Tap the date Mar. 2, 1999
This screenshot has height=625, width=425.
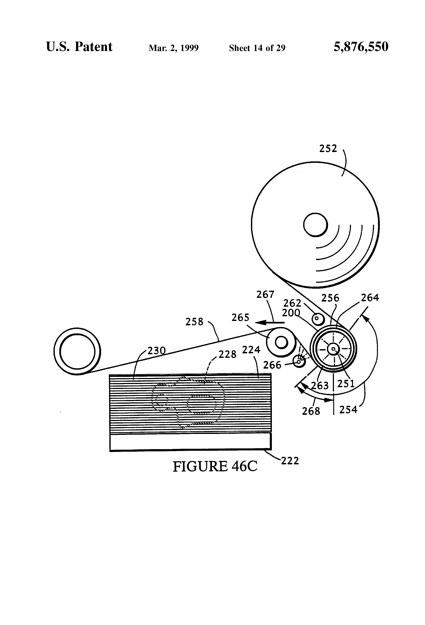click(x=173, y=48)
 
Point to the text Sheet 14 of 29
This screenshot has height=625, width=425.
click(x=257, y=48)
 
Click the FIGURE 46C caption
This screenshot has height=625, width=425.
click(x=215, y=466)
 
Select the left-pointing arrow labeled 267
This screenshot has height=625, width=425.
click(x=269, y=322)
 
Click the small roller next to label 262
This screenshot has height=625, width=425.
click(x=318, y=319)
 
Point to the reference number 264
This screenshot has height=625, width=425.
click(x=370, y=298)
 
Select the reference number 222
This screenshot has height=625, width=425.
click(x=290, y=461)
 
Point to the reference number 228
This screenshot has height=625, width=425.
click(x=227, y=355)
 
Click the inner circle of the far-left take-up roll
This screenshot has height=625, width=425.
click(x=77, y=351)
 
